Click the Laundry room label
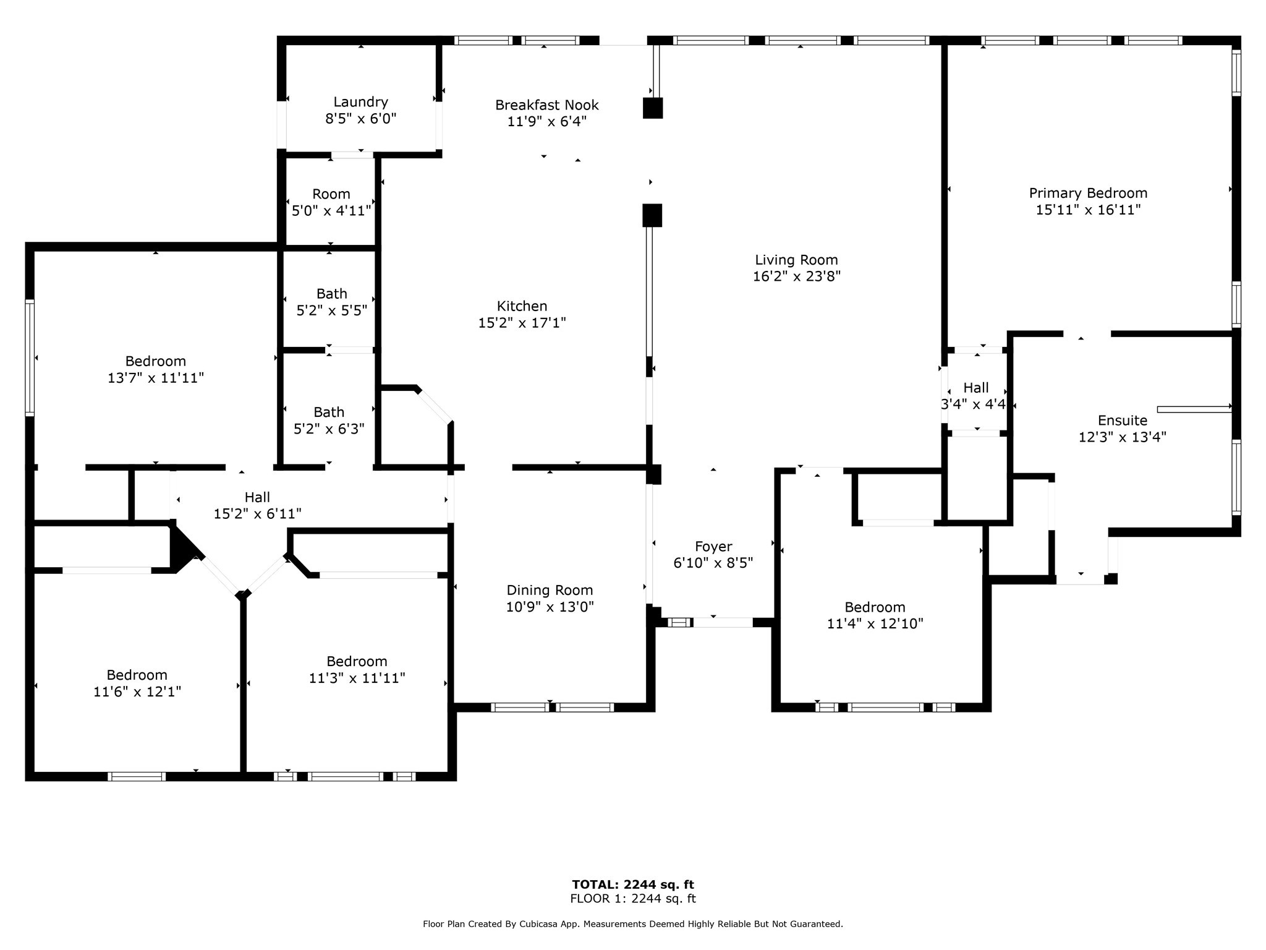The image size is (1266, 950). [x=360, y=102]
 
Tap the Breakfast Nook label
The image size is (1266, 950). [x=547, y=105]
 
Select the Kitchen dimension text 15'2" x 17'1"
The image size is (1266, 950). [x=522, y=323]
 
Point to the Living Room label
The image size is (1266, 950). [x=797, y=260]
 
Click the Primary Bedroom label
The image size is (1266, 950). [x=1088, y=193]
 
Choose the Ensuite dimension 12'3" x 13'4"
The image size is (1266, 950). [x=1123, y=437]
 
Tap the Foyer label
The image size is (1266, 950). [x=713, y=547]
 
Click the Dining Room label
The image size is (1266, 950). [x=550, y=591]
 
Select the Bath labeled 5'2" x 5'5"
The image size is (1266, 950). [x=332, y=302]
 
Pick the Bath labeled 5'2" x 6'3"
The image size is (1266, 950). [x=329, y=421]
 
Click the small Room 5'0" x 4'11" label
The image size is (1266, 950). [x=331, y=202]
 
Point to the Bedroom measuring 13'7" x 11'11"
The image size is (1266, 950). [x=156, y=369]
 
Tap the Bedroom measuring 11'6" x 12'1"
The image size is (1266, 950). [x=137, y=683]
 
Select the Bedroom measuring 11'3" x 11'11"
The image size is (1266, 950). [x=357, y=670]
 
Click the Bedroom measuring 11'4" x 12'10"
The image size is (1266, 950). [x=875, y=615]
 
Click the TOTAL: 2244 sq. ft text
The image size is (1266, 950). [x=633, y=885]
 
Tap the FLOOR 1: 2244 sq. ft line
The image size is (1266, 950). [x=633, y=899]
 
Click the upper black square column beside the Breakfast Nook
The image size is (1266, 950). [x=653, y=108]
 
